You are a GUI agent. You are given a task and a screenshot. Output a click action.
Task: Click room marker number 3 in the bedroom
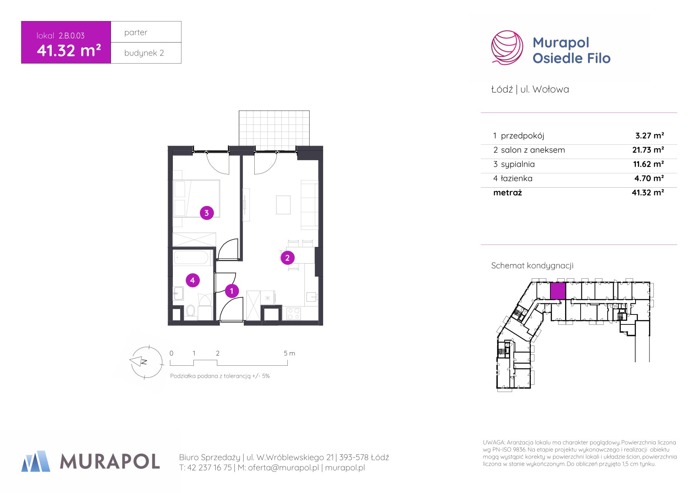pyautogui.click(x=207, y=213)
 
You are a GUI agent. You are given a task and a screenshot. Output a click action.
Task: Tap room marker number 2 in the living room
pyautogui.click(x=287, y=258)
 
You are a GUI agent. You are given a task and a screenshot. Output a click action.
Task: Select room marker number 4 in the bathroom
pyautogui.click(x=193, y=280)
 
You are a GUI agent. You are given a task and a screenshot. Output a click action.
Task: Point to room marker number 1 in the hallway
pyautogui.click(x=232, y=291)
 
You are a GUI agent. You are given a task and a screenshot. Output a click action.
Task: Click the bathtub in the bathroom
pyautogui.click(x=191, y=258)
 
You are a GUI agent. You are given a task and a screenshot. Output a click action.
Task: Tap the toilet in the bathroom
pyautogui.click(x=191, y=311)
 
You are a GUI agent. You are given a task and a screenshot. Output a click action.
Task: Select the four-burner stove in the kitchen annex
pyautogui.click(x=294, y=314)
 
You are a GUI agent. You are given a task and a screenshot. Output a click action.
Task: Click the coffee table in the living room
pyautogui.click(x=283, y=205)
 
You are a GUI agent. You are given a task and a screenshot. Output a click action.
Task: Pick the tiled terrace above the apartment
pyautogui.click(x=274, y=128)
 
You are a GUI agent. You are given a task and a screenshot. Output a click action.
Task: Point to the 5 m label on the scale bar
pyautogui.click(x=289, y=353)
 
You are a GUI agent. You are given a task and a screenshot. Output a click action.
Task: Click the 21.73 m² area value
pyautogui.click(x=648, y=150)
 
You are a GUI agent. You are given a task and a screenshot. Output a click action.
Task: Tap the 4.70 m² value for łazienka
pyautogui.click(x=649, y=179)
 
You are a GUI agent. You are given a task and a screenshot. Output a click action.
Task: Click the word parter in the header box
pyautogui.click(x=136, y=32)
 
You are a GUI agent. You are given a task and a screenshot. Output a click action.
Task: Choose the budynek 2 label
pyautogui.click(x=144, y=53)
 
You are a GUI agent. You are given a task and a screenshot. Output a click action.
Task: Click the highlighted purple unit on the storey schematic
pyautogui.click(x=558, y=291)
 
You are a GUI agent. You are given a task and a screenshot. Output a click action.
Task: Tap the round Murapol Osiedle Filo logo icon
pyautogui.click(x=507, y=48)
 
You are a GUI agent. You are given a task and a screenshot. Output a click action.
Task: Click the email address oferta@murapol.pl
pyautogui.click(x=283, y=468)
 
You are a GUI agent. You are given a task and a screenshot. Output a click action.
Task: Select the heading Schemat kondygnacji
pyautogui.click(x=532, y=266)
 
